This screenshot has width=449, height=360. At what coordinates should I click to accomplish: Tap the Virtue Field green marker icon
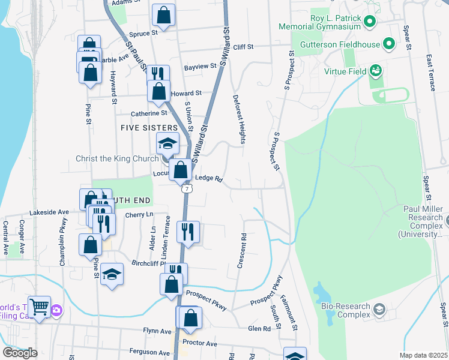pos(376,71)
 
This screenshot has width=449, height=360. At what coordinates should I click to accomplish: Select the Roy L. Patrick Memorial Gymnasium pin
pos(370,23)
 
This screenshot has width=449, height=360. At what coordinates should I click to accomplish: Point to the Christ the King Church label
pos(117,159)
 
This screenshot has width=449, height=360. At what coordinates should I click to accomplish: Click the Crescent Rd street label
pos(242,251)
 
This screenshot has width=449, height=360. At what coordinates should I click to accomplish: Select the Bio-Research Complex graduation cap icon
pos(379,310)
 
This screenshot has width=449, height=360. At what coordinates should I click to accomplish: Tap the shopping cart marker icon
pos(39,307)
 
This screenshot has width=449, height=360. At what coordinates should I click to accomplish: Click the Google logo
pos(20,353)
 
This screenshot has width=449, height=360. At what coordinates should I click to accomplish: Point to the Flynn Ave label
pos(157,331)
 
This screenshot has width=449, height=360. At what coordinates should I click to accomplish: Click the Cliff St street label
pos(244,47)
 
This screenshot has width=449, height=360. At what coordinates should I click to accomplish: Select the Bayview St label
pos(200,67)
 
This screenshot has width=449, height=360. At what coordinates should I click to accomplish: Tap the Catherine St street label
pos(149,113)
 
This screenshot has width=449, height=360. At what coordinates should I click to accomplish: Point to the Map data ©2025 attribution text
pos(423,355)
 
